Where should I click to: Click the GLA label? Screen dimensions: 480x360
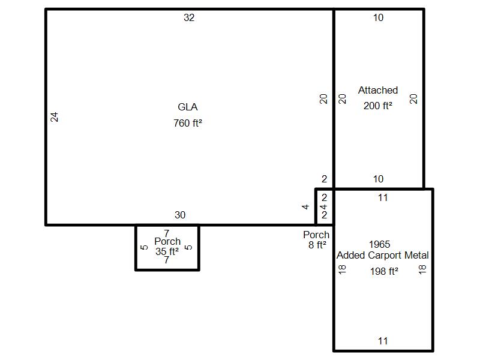(188, 107)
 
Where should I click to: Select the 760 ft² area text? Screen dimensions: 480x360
(188, 123)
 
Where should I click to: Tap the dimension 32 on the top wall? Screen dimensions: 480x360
(189, 17)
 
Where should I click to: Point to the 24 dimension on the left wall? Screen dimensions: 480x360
(54, 117)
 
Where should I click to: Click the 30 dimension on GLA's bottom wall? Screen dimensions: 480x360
(180, 215)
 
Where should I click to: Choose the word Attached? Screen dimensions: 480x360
(378, 90)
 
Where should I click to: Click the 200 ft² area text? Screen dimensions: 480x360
(378, 106)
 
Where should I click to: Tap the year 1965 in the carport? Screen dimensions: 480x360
(380, 244)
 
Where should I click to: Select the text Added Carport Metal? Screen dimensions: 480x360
(383, 255)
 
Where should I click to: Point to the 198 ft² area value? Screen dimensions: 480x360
(384, 271)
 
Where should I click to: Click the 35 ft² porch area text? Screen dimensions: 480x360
(167, 251)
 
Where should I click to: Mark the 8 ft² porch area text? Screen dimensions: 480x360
(317, 245)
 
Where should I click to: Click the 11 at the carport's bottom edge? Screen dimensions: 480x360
(383, 341)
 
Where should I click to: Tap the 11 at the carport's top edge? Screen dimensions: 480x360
(383, 198)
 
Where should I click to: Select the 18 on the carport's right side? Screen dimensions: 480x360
(422, 269)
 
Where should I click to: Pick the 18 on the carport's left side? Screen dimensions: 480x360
(342, 269)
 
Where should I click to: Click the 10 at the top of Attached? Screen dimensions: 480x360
(378, 17)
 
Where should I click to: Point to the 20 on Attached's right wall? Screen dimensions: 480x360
(413, 99)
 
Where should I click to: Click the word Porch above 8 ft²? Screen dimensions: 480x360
(316, 235)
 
